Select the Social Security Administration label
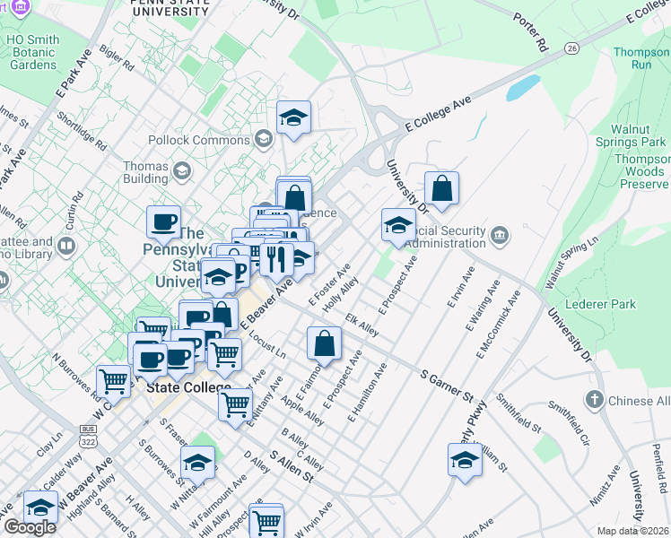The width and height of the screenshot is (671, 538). (445, 237)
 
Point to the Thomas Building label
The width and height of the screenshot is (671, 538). (145, 172)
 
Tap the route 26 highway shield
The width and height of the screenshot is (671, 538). (571, 47)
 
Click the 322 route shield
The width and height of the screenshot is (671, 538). (89, 443)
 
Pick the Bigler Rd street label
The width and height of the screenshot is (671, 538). (117, 63)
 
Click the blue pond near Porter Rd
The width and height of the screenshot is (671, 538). (523, 88)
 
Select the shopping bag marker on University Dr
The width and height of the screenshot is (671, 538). (441, 189)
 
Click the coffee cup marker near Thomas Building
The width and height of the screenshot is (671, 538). (164, 221)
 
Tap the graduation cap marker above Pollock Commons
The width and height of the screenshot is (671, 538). (293, 118)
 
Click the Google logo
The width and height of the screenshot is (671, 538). (30, 527)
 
